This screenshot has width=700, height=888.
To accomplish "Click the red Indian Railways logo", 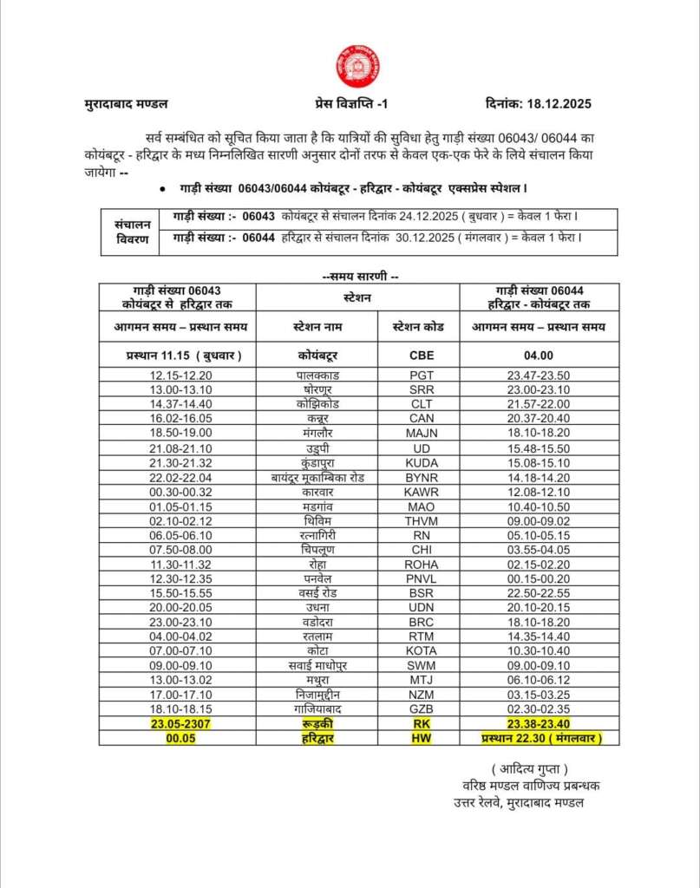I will click(357, 67).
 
